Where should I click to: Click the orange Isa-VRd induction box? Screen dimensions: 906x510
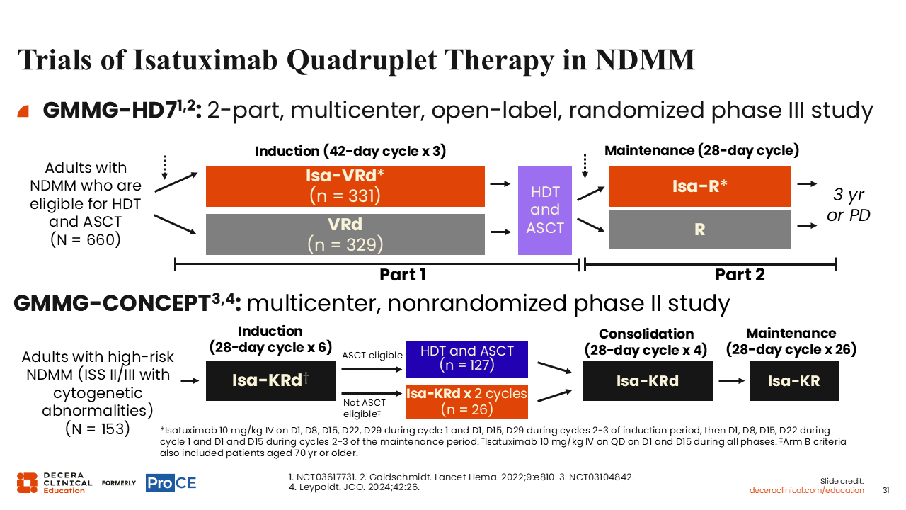coord(345,186)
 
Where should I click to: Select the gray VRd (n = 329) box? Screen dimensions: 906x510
coord(345,234)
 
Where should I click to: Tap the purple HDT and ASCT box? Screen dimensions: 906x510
coord(545,210)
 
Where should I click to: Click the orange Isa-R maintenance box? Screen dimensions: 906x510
coord(700,186)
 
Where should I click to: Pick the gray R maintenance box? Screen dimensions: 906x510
coord(700,229)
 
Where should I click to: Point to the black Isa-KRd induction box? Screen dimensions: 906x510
coord(270,380)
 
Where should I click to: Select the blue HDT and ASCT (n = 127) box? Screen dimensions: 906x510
coord(466,359)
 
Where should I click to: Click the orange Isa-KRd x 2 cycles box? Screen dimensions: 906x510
coord(466,402)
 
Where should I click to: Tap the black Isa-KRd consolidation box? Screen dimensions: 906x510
coord(648,380)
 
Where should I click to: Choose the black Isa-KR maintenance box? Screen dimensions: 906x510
coord(794,380)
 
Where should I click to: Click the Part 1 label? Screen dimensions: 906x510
coord(403,275)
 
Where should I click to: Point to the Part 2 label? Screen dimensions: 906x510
coord(740,275)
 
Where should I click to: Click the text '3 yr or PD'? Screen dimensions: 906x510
coord(848,205)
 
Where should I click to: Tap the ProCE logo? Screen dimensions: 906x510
coord(171,483)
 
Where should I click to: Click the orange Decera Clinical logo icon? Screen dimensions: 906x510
coord(27,483)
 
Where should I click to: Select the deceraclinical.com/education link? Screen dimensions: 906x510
coord(806,491)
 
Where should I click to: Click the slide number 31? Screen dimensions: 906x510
coord(885,491)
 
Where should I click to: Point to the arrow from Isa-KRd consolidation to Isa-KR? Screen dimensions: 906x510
coord(731,380)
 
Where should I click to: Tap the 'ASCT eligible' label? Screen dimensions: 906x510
coord(372,356)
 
